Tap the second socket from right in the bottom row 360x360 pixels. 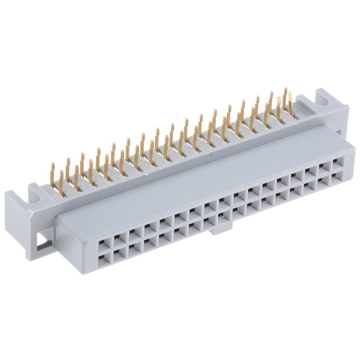point(324,181)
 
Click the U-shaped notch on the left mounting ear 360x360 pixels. point(39,189)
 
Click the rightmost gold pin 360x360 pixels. point(292,101)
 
